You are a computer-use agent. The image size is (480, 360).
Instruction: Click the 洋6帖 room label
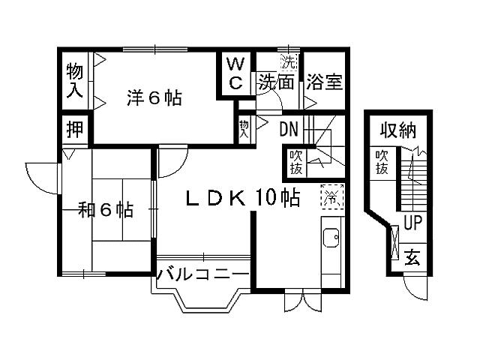tap(154, 98)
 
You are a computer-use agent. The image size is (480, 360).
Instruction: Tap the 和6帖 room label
tap(106, 210)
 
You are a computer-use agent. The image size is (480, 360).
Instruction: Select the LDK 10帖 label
tap(243, 198)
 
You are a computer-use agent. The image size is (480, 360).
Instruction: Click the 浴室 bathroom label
tap(324, 81)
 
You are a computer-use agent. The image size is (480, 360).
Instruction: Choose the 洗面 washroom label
tap(277, 81)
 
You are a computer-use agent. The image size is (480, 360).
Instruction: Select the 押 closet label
tap(74, 128)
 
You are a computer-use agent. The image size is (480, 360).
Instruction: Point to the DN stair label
tap(289, 129)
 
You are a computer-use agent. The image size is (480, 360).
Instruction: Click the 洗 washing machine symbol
tap(288, 58)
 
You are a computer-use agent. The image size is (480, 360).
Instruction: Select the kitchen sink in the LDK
tap(331, 238)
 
